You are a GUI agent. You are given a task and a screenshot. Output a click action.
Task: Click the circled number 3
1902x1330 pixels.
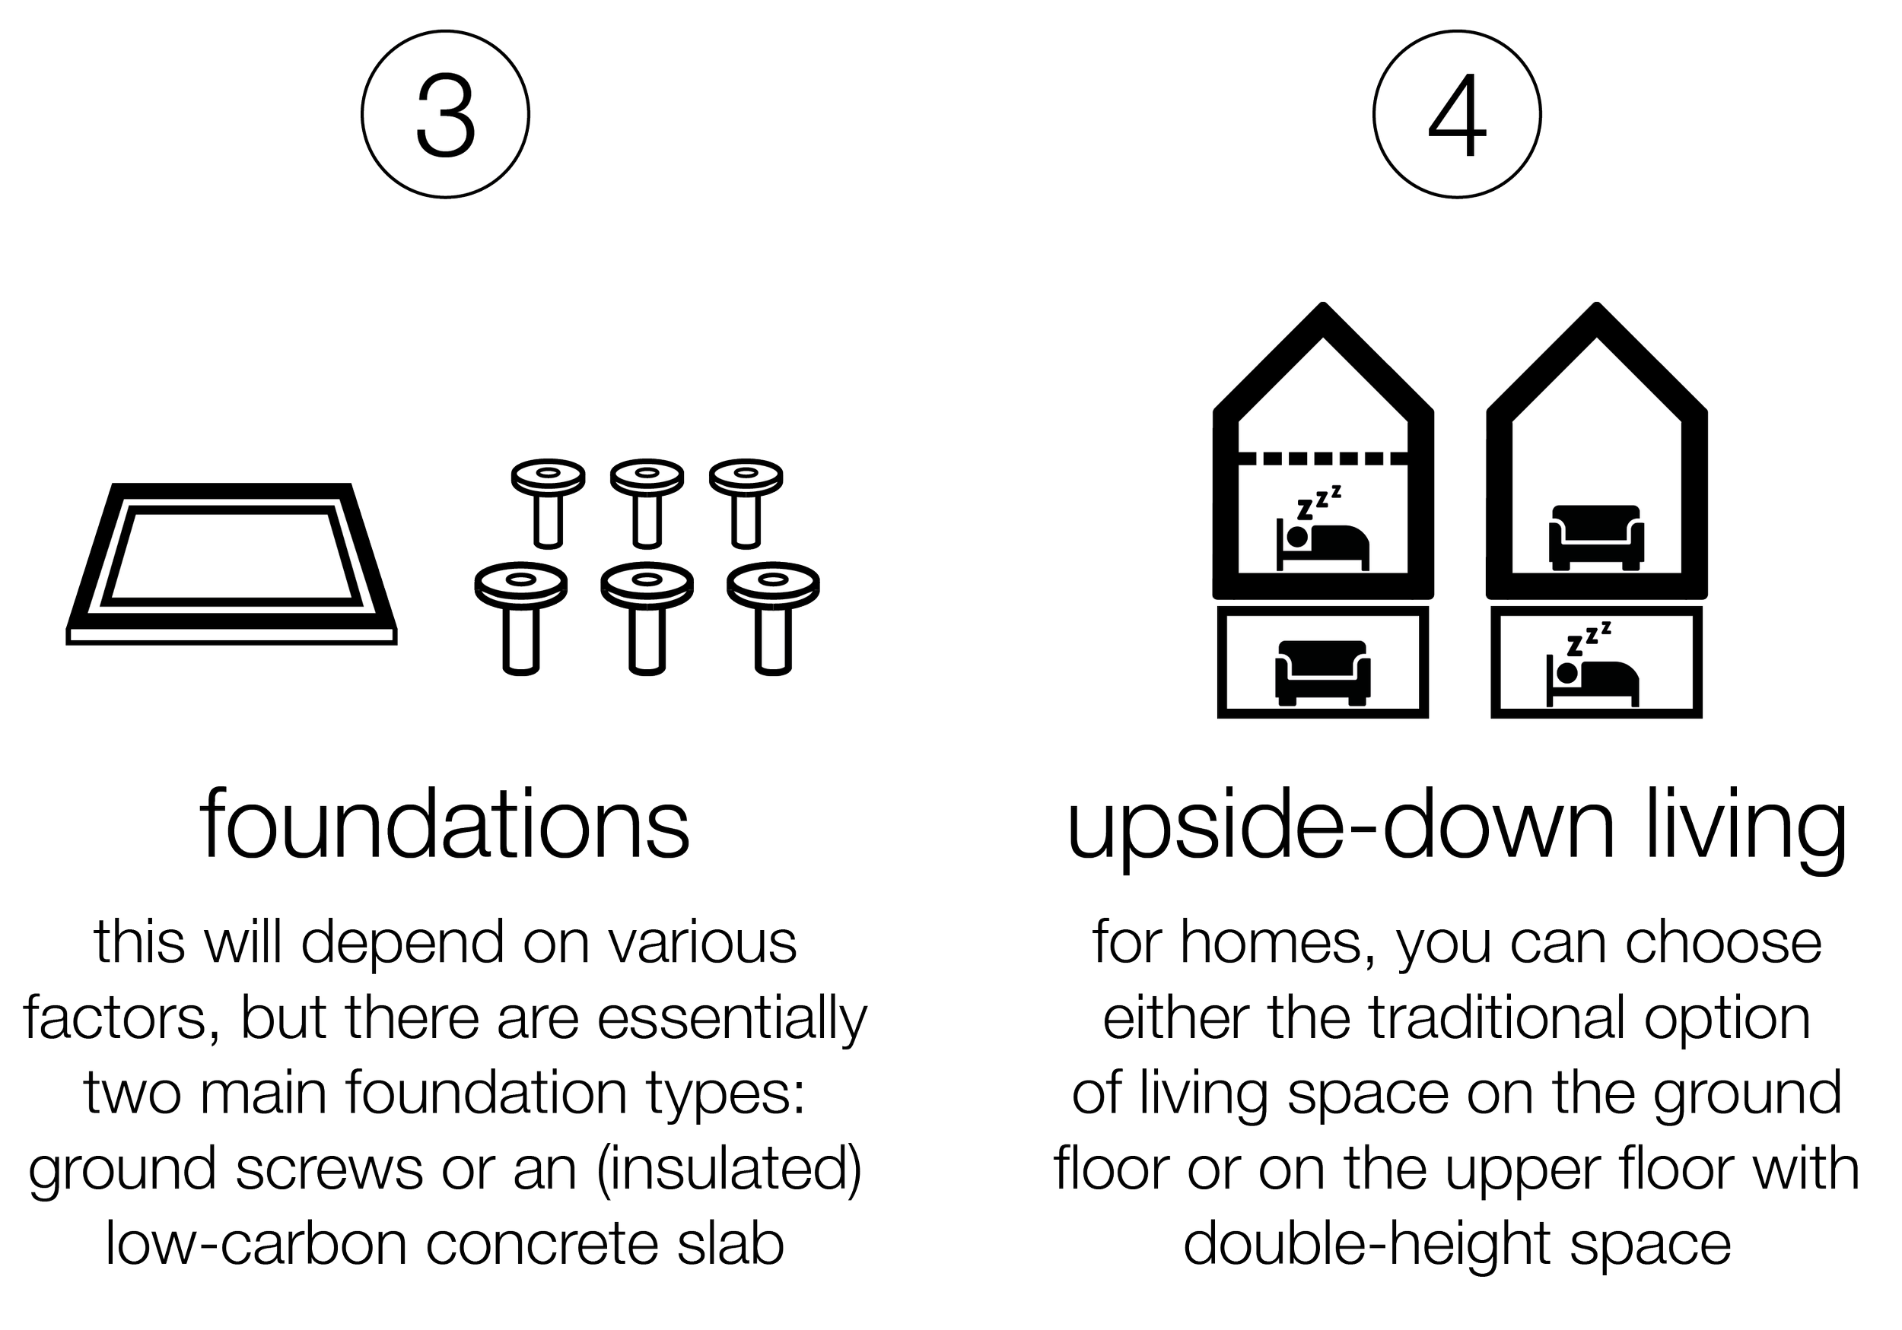[446, 114]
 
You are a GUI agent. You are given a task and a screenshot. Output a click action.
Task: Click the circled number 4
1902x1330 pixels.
[1457, 114]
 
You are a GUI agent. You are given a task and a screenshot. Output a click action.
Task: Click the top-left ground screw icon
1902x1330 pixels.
[548, 503]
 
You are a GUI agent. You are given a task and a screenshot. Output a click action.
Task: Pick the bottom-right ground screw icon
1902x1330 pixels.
[773, 617]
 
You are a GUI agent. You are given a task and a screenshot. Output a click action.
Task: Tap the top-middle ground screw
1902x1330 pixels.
[647, 503]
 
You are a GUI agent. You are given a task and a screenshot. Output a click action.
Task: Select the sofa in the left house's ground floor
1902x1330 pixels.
[1322, 672]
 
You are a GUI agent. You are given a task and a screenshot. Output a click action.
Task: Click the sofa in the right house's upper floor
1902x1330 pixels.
[1595, 537]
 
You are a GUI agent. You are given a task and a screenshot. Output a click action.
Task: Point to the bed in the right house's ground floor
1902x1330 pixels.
[1592, 664]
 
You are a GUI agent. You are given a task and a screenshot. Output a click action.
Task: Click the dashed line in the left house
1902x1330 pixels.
[1323, 458]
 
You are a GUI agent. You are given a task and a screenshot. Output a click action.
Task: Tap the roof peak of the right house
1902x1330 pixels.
[1596, 307]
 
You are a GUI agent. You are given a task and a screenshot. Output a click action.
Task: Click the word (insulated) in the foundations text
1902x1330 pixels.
[729, 1170]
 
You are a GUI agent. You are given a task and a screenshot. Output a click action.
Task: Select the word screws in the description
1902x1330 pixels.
[329, 1170]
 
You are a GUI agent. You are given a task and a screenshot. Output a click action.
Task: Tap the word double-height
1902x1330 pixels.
[1367, 1246]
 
